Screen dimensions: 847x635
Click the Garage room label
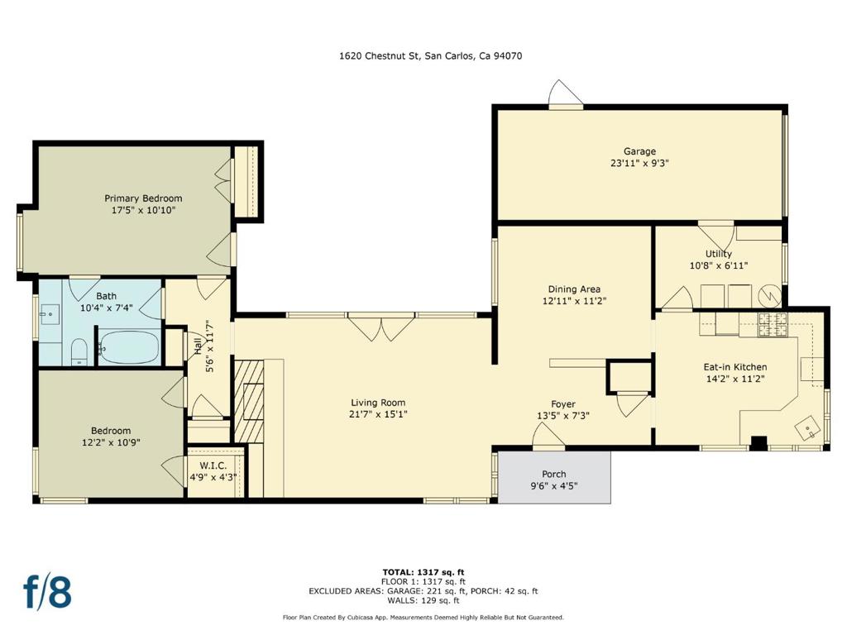click(x=639, y=152)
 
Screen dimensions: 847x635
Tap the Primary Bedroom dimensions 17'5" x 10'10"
click(x=143, y=211)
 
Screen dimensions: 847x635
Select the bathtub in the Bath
click(x=130, y=347)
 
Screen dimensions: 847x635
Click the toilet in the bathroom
click(x=79, y=352)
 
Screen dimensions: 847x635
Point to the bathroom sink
click(x=50, y=314)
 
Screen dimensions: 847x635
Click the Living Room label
click(x=378, y=403)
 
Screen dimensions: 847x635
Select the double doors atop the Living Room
click(x=381, y=327)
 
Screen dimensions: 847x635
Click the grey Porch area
click(x=554, y=478)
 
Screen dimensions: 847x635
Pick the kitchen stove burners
click(x=773, y=324)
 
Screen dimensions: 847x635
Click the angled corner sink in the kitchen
click(x=806, y=427)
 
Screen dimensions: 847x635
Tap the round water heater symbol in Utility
click(x=768, y=295)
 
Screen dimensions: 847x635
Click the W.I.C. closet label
click(x=213, y=466)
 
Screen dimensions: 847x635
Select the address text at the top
click(x=430, y=55)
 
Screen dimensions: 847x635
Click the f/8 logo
click(x=47, y=592)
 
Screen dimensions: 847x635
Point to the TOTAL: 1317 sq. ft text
click(x=423, y=572)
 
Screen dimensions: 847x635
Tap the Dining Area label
click(x=574, y=289)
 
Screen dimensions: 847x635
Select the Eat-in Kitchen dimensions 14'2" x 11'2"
click(x=735, y=379)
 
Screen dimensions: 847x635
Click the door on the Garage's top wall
click(x=566, y=95)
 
